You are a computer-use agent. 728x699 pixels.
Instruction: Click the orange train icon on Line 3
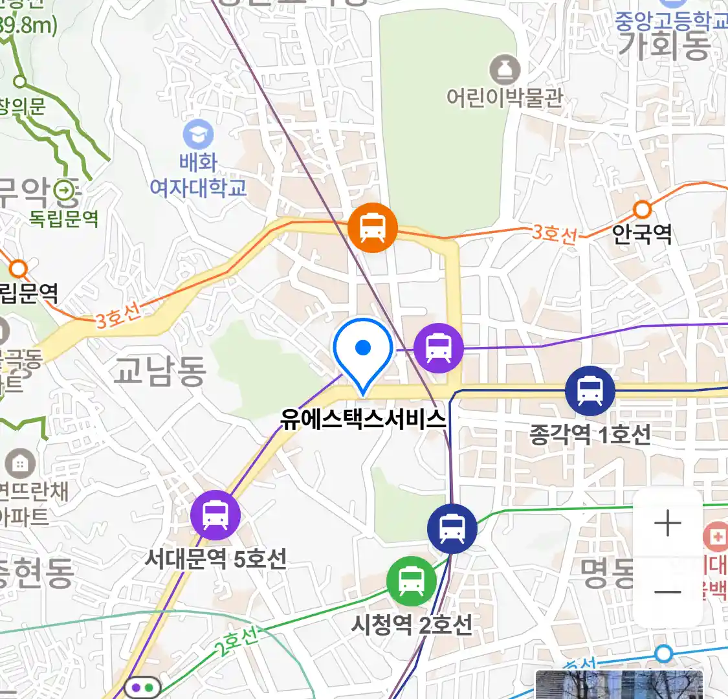point(372,227)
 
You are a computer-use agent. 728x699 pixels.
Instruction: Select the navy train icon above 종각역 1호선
point(590,391)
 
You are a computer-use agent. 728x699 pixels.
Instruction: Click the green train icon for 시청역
point(411,581)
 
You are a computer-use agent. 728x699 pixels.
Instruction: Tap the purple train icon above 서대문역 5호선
point(215,515)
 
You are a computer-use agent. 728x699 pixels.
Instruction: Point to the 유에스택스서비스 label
point(363,419)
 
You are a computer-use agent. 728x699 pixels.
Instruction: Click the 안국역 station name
point(642,234)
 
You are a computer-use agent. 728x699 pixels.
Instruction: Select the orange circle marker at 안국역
point(642,209)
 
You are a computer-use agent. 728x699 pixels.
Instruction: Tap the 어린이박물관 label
point(505,98)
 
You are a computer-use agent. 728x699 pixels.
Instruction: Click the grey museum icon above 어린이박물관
point(505,69)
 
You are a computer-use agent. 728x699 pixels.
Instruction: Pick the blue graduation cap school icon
point(198,135)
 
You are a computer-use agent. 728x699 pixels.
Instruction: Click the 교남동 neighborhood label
point(159,371)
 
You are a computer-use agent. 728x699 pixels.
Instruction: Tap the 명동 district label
point(607,573)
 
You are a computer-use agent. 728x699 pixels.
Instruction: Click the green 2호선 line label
point(236,641)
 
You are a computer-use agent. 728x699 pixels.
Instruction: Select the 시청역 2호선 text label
point(412,625)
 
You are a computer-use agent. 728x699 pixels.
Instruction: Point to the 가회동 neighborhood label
point(665,46)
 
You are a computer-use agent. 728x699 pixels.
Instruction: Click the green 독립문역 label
point(63,219)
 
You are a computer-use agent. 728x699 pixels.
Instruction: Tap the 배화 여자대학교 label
point(198,175)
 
